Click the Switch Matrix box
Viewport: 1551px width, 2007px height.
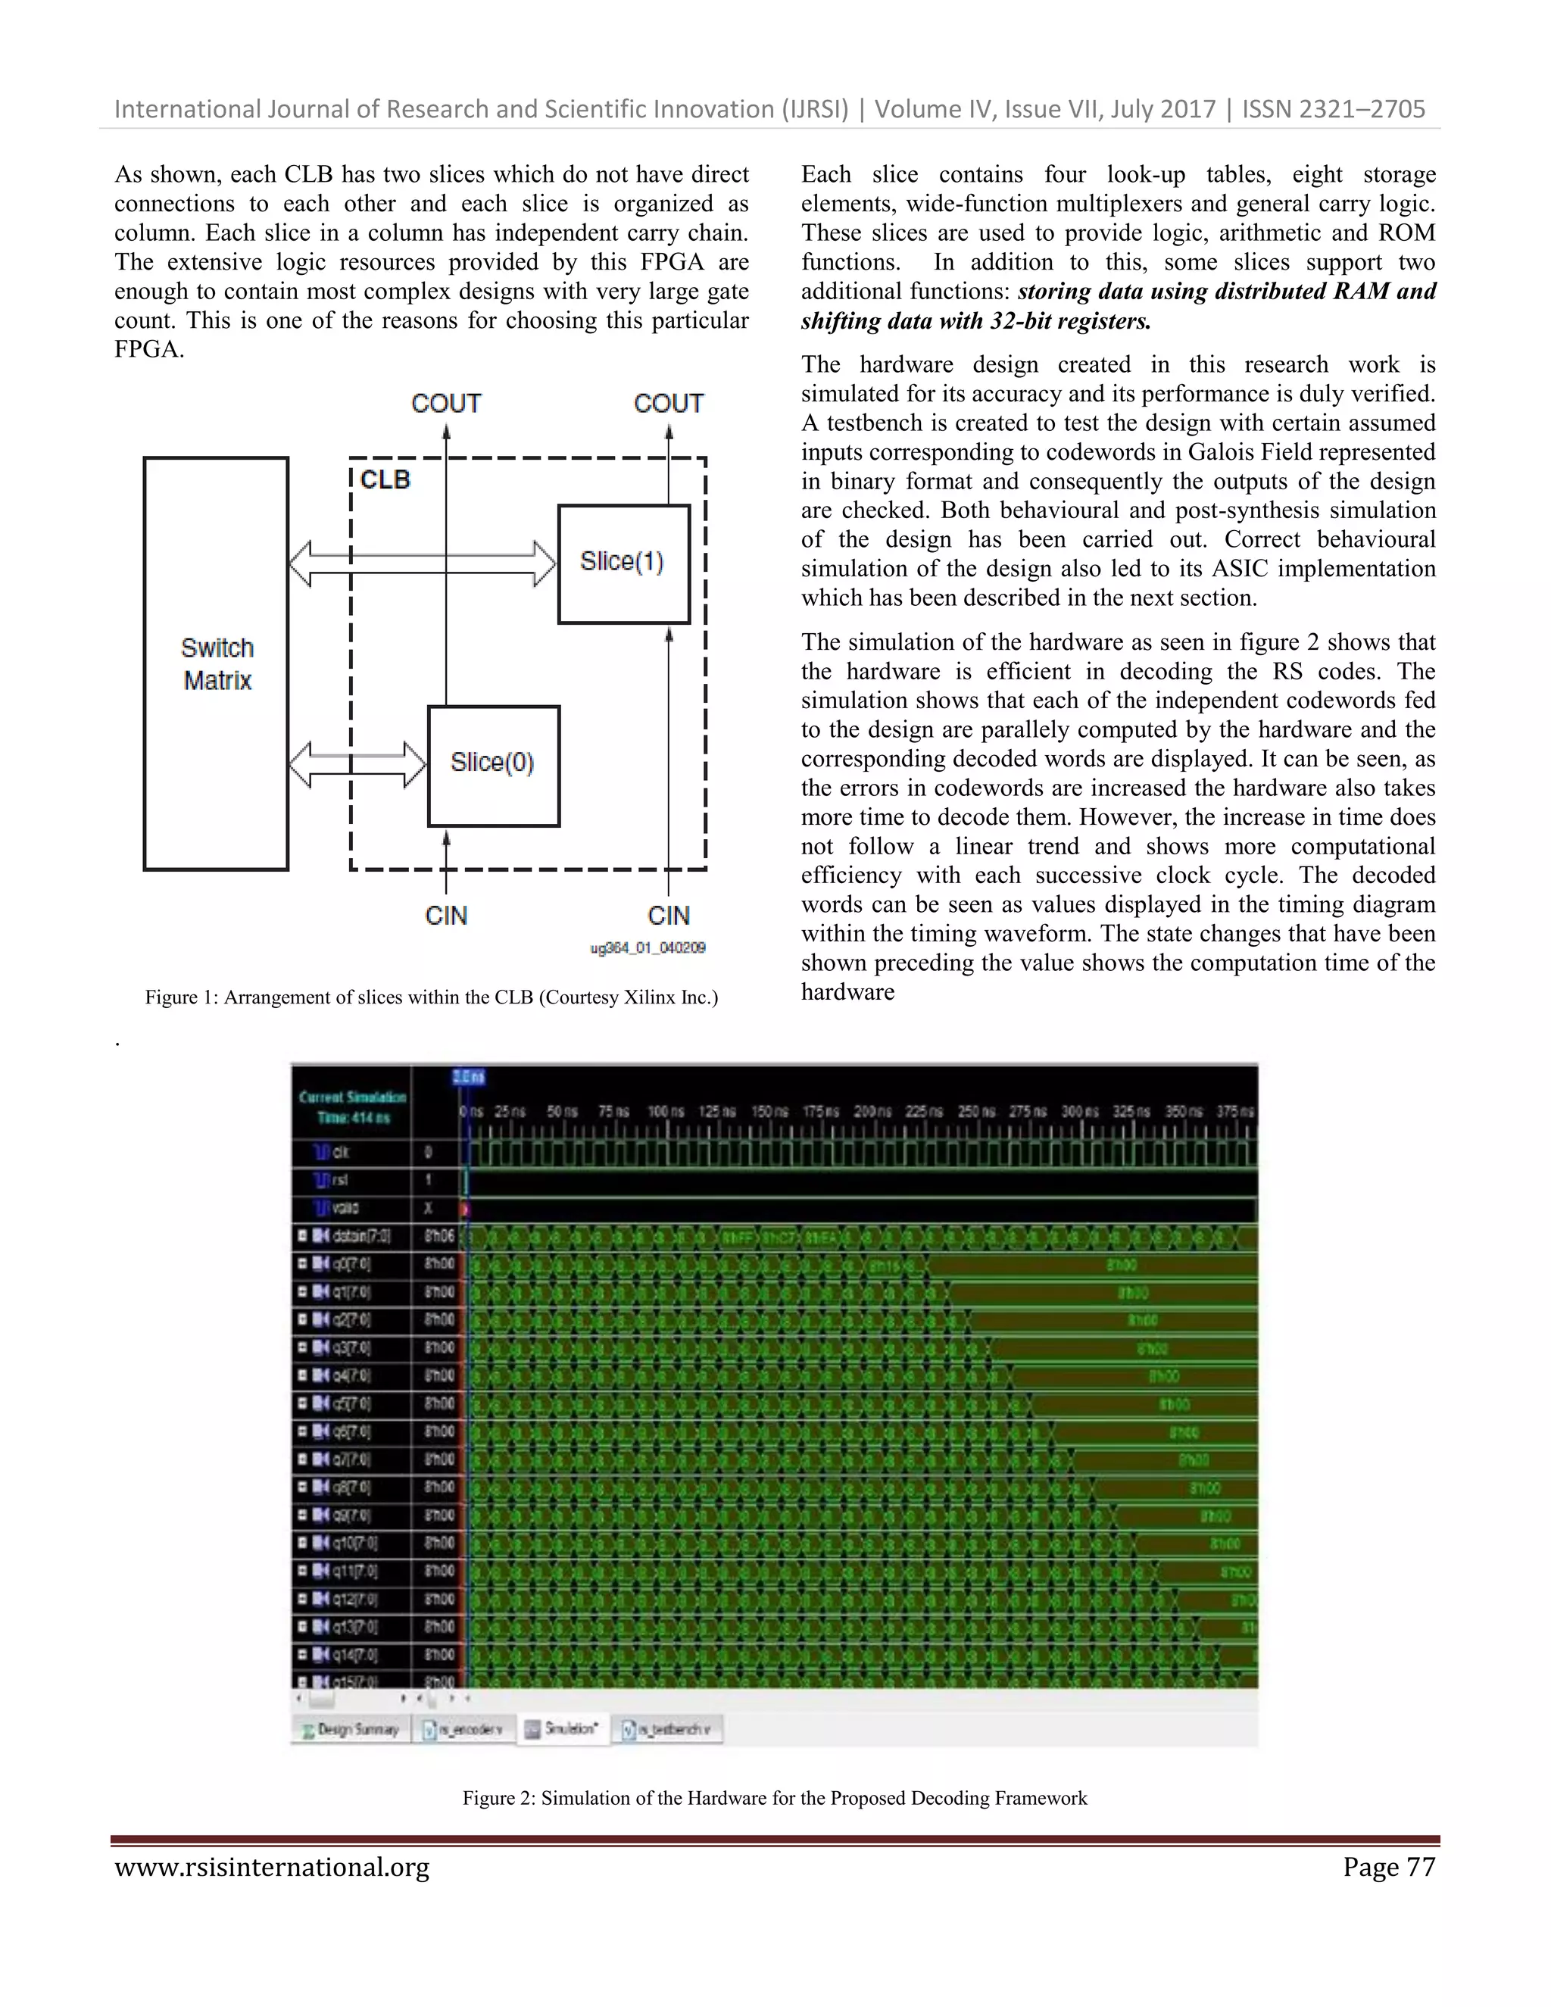click(x=216, y=663)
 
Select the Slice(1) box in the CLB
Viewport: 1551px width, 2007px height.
click(x=623, y=563)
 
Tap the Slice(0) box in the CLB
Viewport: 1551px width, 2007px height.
click(x=492, y=765)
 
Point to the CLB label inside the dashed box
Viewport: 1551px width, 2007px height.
click(x=385, y=479)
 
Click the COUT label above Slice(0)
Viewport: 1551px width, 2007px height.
click(x=445, y=404)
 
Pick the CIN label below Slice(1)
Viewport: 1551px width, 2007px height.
click(x=668, y=916)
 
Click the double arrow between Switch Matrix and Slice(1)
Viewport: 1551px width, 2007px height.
click(x=423, y=563)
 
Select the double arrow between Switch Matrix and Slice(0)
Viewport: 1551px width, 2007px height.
click(x=357, y=765)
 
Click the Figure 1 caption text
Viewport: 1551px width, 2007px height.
click(x=431, y=997)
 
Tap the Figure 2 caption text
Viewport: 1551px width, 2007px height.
click(x=775, y=1799)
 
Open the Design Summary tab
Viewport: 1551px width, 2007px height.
click(x=350, y=1730)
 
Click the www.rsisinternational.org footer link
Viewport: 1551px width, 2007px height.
click(x=272, y=1868)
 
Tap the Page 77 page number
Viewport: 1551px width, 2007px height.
click(x=1388, y=1868)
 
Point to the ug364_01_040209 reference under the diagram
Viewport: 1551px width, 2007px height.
click(x=648, y=947)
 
